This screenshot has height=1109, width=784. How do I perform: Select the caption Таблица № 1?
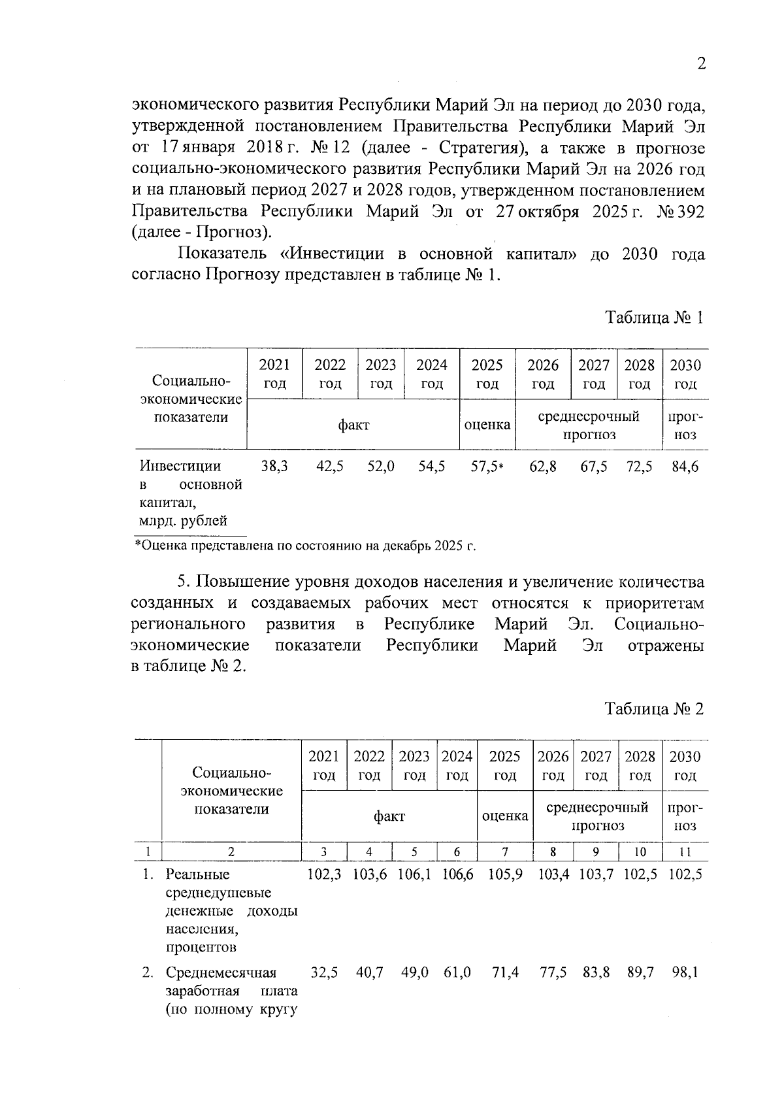click(x=655, y=318)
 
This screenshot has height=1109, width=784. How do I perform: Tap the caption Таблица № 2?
click(x=655, y=709)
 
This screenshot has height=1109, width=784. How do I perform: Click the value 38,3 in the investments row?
click(x=274, y=467)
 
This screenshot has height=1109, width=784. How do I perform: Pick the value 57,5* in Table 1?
click(x=487, y=467)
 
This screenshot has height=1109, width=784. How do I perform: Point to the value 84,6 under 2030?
click(x=685, y=467)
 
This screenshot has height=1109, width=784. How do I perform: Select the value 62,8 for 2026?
click(x=543, y=467)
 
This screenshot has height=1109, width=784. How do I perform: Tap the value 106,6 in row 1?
click(x=457, y=874)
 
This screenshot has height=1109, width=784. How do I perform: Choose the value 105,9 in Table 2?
click(x=505, y=874)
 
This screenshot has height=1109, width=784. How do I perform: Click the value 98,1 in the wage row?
click(x=685, y=972)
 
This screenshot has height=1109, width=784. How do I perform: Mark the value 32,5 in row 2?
click(x=324, y=972)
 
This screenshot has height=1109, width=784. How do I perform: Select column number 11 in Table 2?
click(x=685, y=852)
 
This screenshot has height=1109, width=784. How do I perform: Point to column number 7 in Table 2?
click(x=505, y=852)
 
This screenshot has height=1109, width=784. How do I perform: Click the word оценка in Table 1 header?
click(x=487, y=425)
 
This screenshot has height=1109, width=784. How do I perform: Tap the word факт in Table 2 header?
click(x=389, y=816)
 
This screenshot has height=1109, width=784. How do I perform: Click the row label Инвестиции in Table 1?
click(x=180, y=466)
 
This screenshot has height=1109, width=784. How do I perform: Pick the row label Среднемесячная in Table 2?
click(x=221, y=972)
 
